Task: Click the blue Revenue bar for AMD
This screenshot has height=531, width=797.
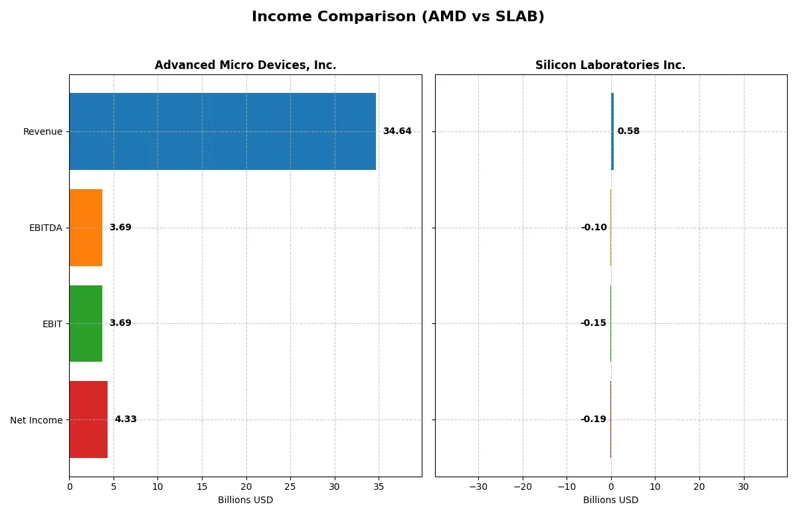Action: pos(222,131)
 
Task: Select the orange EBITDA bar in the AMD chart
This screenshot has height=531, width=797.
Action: pos(86,228)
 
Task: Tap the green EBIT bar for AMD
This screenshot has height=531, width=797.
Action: pos(86,323)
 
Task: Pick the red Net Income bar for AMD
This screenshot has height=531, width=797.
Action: pos(88,419)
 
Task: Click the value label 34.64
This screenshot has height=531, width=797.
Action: pos(397,131)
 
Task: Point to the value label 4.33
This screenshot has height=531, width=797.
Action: pos(126,419)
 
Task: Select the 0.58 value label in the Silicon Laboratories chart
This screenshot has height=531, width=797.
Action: pos(628,131)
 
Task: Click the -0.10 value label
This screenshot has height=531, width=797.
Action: pos(594,228)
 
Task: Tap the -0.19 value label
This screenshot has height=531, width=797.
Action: pos(593,419)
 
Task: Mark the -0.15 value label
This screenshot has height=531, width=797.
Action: pos(593,323)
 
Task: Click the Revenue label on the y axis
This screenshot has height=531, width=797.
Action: pos(43,131)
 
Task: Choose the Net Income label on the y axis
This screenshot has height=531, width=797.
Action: pos(37,420)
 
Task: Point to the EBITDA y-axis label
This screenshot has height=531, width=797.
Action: pos(45,228)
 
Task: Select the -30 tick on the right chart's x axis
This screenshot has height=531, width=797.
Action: pos(478,487)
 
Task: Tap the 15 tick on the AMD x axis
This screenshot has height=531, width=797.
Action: pos(202,487)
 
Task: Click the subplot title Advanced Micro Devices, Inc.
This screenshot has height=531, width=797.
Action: pos(245,65)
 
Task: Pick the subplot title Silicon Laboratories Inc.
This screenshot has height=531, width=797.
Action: pos(610,65)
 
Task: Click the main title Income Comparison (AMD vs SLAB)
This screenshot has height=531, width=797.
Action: pos(398,17)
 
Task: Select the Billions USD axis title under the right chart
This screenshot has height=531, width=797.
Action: pos(610,500)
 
